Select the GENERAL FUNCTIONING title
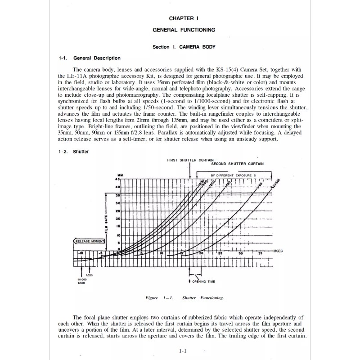click(x=184, y=30)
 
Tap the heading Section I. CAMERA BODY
click(x=184, y=46)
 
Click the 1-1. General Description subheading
click(x=90, y=58)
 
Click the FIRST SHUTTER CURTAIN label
click(x=190, y=160)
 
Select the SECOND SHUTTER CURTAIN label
click(x=238, y=164)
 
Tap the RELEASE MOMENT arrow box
click(x=89, y=242)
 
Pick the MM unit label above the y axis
click(x=119, y=175)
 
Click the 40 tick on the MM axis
click(x=118, y=187)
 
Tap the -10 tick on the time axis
click(x=81, y=254)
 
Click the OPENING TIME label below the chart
click(x=203, y=281)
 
